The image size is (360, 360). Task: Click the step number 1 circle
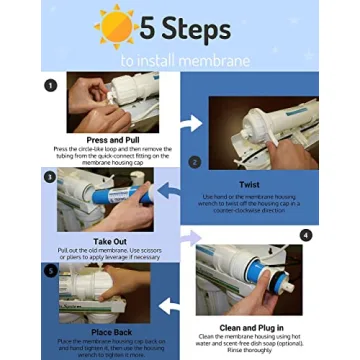click(50, 85)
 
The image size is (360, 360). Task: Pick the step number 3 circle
click(50, 177)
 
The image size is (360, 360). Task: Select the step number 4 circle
click(305, 235)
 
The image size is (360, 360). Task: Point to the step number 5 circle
click(50, 269)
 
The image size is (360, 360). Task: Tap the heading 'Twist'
click(250, 185)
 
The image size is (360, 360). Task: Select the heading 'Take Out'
click(109, 242)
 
